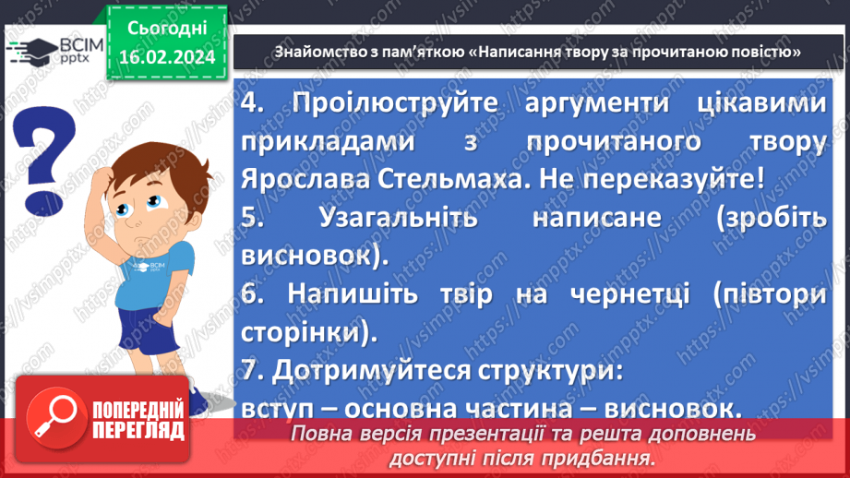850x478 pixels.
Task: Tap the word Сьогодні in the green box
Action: (x=167, y=28)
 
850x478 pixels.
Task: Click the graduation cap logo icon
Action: (x=28, y=54)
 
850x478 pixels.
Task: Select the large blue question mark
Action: (x=43, y=157)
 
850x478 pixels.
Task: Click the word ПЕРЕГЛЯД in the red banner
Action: (x=138, y=430)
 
